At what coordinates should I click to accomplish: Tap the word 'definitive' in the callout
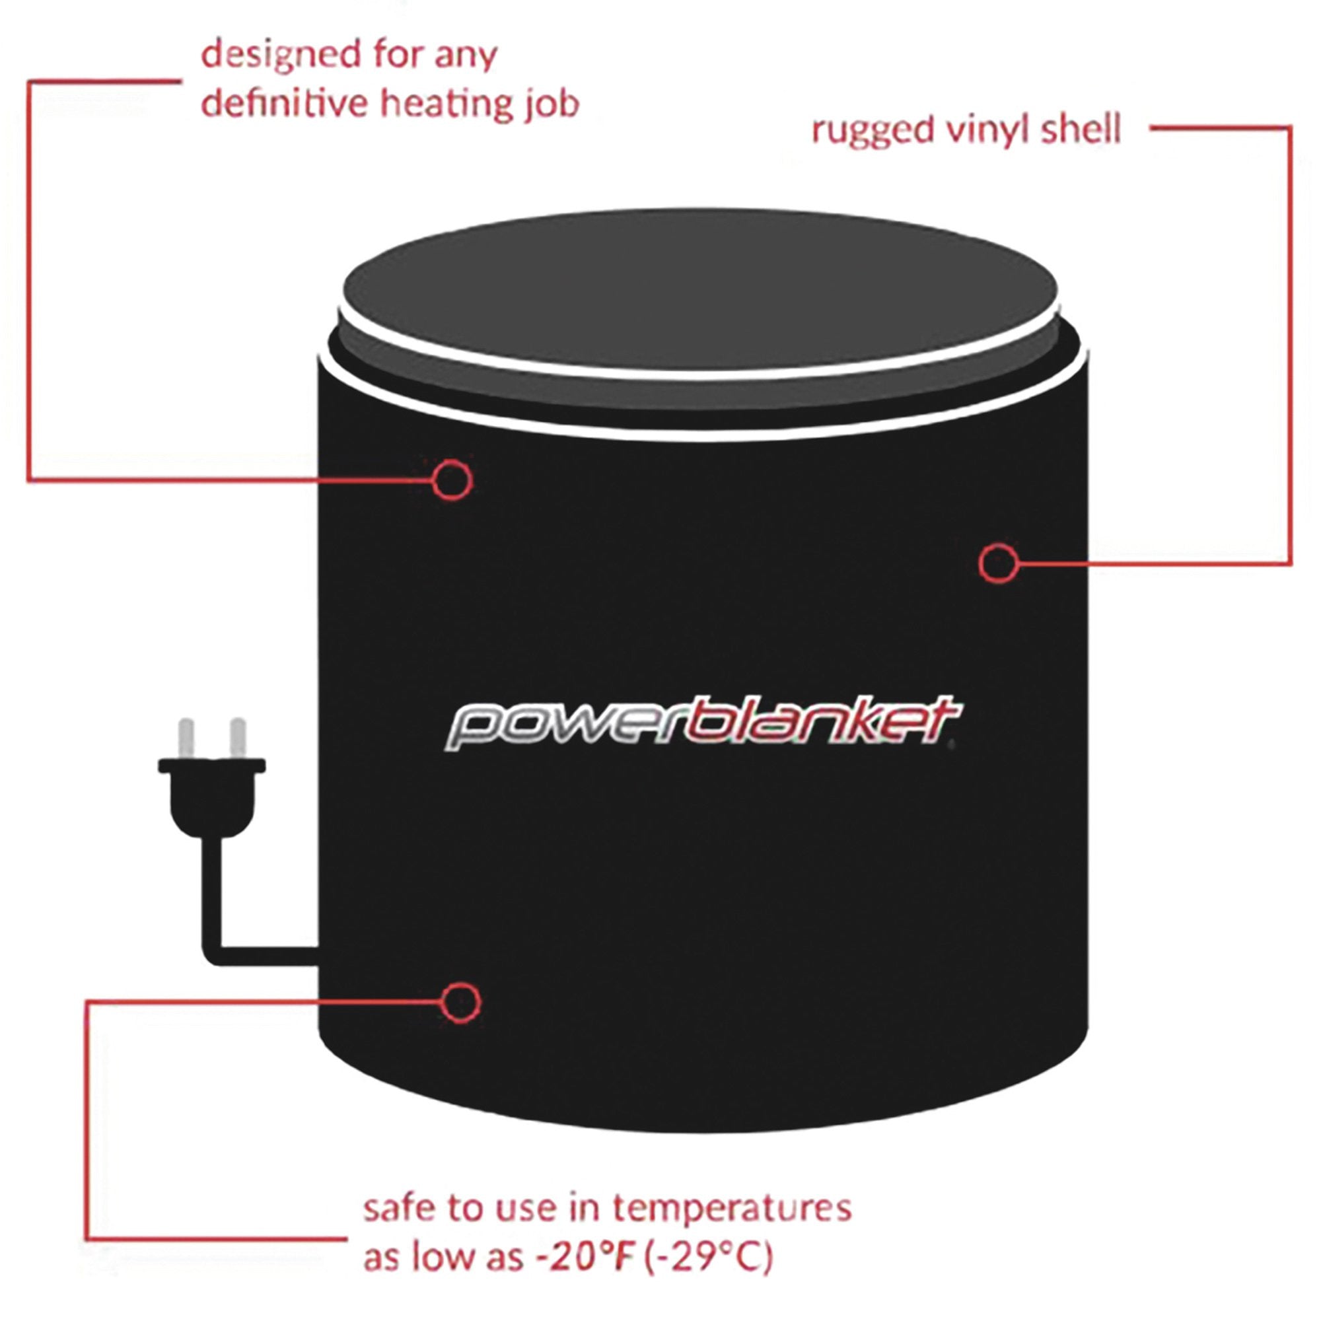click(284, 104)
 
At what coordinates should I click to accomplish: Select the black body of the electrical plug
click(212, 797)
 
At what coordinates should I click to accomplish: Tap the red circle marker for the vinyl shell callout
click(997, 563)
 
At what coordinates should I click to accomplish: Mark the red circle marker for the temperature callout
click(461, 1003)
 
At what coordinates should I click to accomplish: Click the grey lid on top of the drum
click(700, 287)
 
